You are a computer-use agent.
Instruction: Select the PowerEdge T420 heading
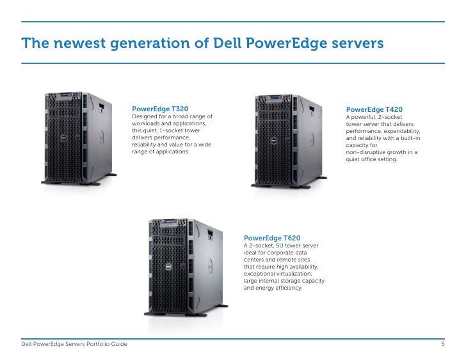pos(374,110)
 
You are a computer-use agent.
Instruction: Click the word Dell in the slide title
pos(221,43)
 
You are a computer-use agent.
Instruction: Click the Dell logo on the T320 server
pos(63,137)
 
